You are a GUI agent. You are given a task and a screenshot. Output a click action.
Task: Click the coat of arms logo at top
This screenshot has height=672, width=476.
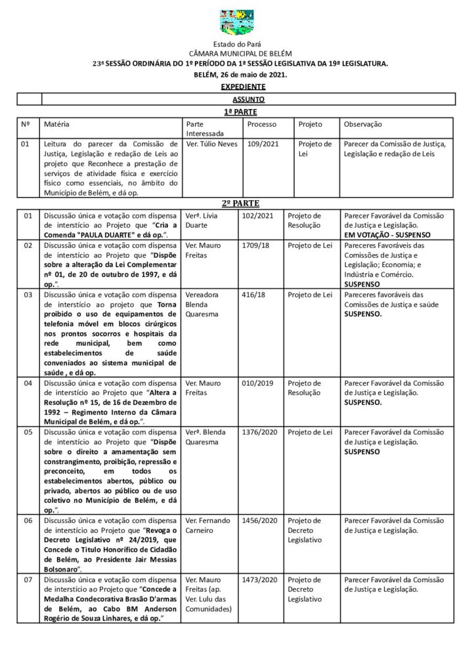tap(237, 22)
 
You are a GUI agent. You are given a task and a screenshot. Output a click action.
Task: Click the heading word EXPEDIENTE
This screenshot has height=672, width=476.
tap(243, 87)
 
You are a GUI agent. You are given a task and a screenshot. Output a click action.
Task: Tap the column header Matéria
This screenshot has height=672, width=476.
tap(57, 124)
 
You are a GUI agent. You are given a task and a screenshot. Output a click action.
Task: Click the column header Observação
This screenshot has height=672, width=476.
tap(363, 124)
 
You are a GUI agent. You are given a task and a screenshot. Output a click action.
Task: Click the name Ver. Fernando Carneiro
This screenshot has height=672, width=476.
tap(207, 526)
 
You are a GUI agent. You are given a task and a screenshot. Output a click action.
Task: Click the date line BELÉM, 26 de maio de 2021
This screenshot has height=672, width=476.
tap(241, 75)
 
